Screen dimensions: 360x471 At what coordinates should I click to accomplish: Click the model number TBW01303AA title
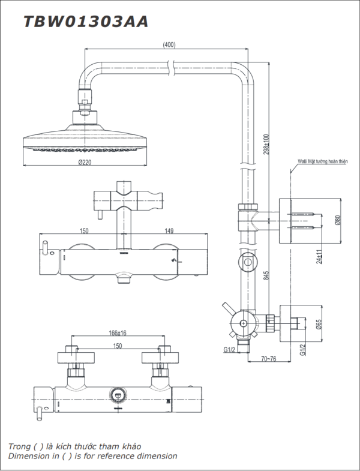86,22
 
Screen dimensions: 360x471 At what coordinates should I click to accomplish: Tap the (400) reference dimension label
169,45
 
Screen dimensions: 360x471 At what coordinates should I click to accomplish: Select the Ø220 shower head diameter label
85,162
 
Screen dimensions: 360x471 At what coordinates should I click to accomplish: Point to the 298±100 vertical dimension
266,144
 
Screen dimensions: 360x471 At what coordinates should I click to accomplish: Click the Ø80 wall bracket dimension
337,221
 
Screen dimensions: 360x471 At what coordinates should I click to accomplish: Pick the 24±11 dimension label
319,257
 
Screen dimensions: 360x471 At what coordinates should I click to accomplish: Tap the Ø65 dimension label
319,324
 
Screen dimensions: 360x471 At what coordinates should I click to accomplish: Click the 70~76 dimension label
268,359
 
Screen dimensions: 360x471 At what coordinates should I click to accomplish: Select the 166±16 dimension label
118,333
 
